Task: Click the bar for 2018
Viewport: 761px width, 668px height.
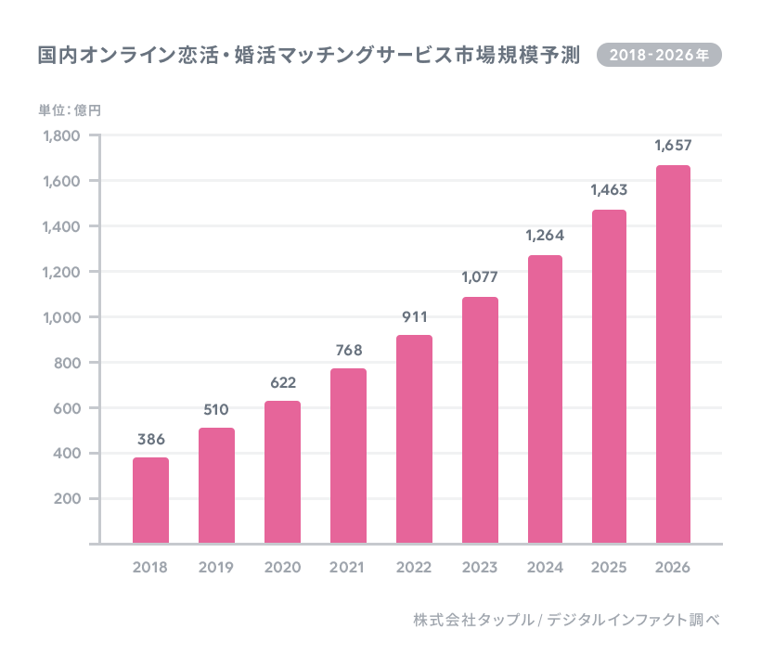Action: [150, 500]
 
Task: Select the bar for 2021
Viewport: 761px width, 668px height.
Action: [348, 456]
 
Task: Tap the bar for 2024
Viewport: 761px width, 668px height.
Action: [545, 399]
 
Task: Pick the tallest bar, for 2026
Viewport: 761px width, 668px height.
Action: [673, 354]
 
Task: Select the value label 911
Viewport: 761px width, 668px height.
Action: [414, 316]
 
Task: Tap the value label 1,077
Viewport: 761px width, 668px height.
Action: [480, 277]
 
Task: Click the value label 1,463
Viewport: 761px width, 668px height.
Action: [609, 190]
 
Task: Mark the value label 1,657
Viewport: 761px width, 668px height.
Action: [673, 146]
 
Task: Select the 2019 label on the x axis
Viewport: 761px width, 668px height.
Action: [216, 567]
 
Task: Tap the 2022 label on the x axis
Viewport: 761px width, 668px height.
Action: [414, 567]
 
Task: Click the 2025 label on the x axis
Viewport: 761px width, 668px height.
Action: [609, 567]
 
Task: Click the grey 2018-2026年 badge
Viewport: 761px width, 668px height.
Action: [659, 55]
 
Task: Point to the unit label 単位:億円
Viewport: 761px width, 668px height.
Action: [70, 110]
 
